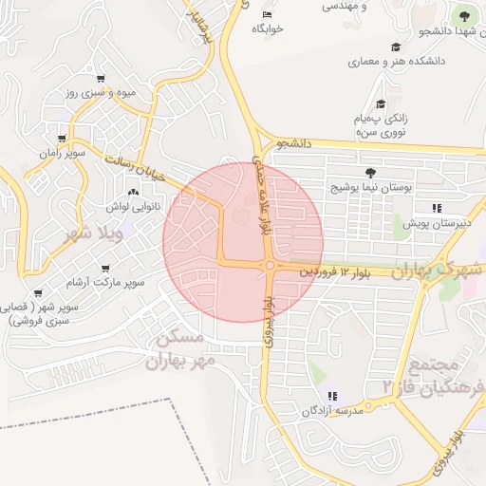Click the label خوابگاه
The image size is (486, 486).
tap(268, 29)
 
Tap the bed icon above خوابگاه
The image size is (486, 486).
tap(267, 14)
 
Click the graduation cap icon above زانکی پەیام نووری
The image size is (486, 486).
tap(381, 104)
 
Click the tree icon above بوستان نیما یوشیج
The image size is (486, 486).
tap(369, 171)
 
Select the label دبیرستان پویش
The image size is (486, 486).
tap(436, 223)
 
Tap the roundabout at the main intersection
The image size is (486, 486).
tap(271, 267)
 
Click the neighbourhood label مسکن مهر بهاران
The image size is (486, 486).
tap(179, 349)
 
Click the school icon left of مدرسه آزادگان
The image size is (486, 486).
tap(334, 395)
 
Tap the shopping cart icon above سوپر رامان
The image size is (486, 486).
tap(62, 139)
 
